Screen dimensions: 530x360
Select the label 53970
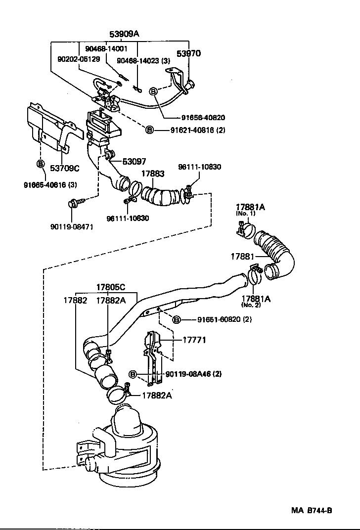(189, 53)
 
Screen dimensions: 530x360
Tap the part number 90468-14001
(106, 48)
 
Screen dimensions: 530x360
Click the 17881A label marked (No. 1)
(250, 207)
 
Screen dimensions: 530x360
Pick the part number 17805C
(110, 287)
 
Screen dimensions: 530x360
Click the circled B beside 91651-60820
(177, 320)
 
